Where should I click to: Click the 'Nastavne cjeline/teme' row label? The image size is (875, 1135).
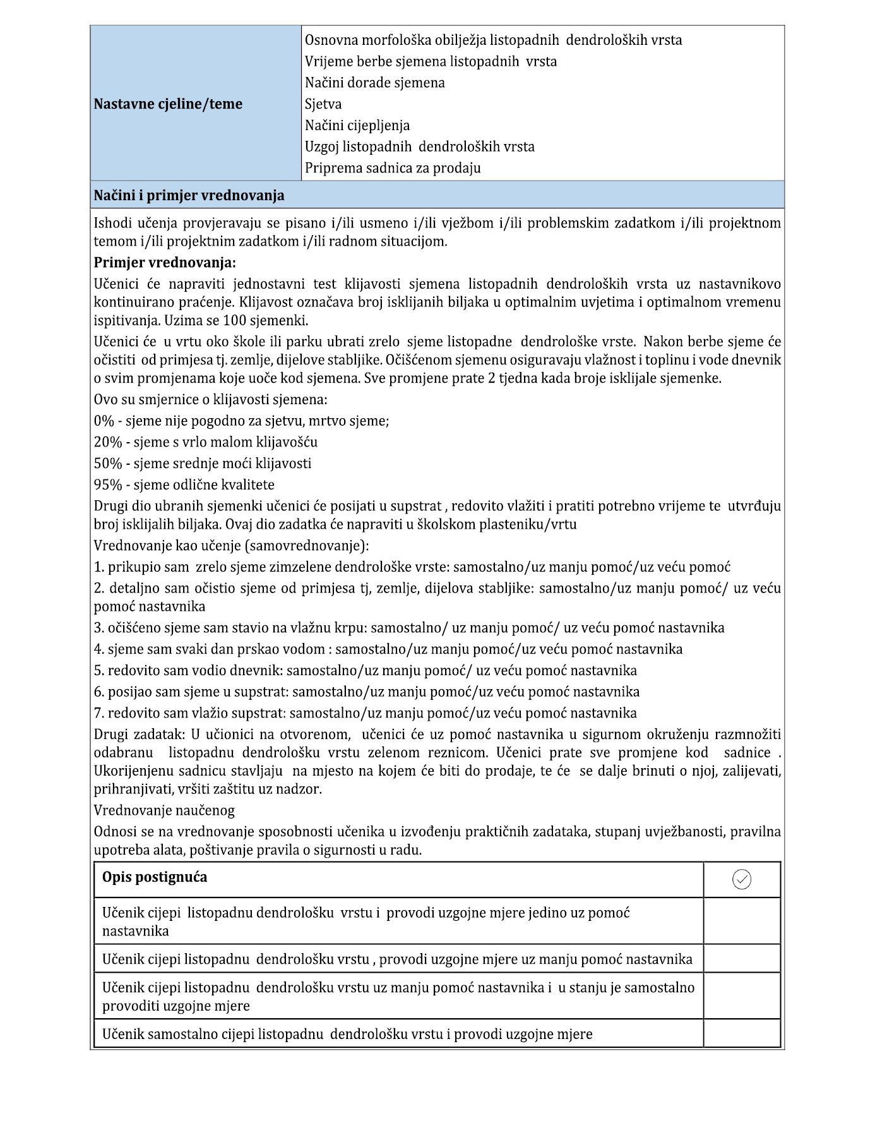tap(168, 104)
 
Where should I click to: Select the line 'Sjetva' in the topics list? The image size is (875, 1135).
tap(323, 104)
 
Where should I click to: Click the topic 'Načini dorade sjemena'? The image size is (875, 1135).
tap(374, 83)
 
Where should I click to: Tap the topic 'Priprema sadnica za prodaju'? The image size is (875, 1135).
tap(393, 168)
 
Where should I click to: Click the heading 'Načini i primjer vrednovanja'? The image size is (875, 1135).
tap(189, 196)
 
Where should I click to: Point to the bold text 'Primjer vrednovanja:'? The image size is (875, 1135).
tap(165, 262)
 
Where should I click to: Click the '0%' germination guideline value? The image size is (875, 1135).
tap(104, 421)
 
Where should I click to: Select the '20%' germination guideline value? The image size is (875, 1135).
tap(107, 442)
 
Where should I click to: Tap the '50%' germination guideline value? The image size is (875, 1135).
tap(107, 464)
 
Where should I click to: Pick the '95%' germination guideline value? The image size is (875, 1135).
tap(107, 485)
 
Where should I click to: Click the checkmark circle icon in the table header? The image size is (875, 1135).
tap(741, 879)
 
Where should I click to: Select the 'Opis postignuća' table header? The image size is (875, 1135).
tap(155, 877)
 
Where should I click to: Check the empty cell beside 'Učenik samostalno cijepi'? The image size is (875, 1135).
tap(741, 1034)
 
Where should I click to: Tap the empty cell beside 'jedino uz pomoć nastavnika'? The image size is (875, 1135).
tap(741, 922)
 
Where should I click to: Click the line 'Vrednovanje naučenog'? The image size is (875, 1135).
tap(164, 810)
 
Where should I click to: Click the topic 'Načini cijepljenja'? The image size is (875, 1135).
tap(357, 126)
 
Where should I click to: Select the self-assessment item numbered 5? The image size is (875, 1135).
tap(365, 671)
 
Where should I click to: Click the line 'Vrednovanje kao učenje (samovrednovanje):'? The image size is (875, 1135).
tap(231, 546)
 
